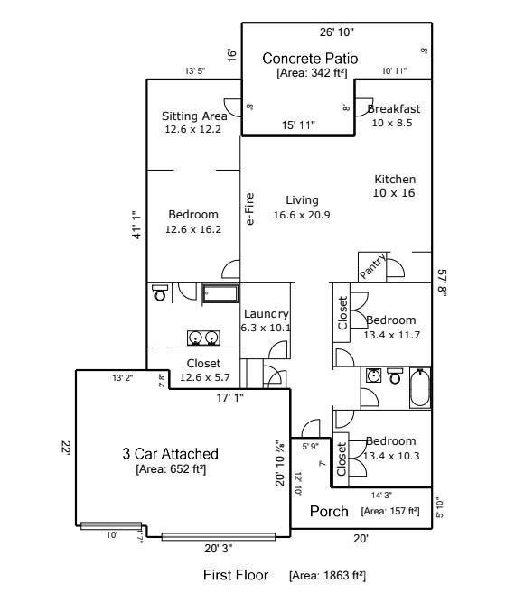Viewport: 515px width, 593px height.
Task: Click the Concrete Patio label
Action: click(x=310, y=59)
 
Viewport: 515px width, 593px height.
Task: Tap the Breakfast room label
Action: click(x=394, y=109)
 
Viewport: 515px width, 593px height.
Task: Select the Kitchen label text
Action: click(x=395, y=180)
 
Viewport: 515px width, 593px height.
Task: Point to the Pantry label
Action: click(x=374, y=266)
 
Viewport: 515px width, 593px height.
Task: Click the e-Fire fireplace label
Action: click(x=250, y=208)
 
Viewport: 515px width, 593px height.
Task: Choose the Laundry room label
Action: click(x=266, y=314)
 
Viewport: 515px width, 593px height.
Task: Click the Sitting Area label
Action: click(x=193, y=116)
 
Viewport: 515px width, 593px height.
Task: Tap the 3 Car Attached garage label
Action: click(x=170, y=453)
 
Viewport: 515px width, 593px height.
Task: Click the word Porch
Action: click(x=329, y=512)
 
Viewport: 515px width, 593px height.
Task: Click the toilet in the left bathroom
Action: click(x=160, y=292)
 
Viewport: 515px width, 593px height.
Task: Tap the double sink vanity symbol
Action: click(x=203, y=338)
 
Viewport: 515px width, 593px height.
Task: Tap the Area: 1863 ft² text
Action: click(x=327, y=575)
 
